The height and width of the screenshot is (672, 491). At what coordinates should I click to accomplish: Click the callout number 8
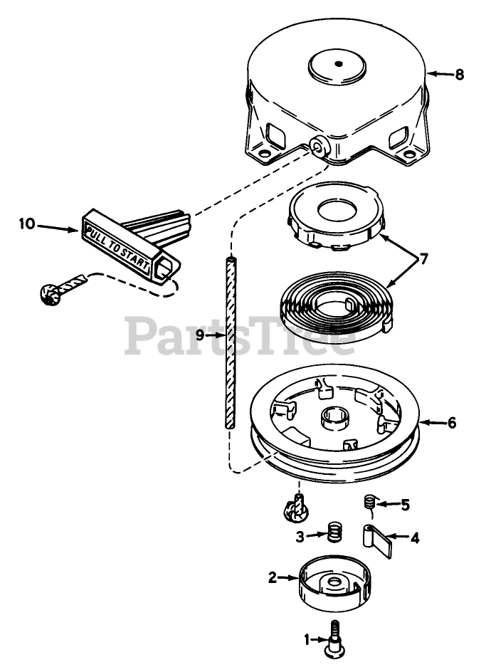pyautogui.click(x=459, y=74)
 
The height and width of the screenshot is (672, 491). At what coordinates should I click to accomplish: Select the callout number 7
pyautogui.click(x=424, y=259)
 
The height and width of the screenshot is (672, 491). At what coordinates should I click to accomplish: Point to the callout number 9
pyautogui.click(x=201, y=335)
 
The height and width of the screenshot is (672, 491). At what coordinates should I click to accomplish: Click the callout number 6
pyautogui.click(x=452, y=422)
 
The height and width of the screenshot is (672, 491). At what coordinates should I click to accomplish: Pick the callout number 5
pyautogui.click(x=405, y=505)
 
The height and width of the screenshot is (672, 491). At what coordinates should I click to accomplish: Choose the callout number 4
pyautogui.click(x=414, y=538)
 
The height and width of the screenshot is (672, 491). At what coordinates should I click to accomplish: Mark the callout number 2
pyautogui.click(x=273, y=578)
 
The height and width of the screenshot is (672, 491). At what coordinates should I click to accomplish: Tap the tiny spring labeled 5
pyautogui.click(x=369, y=502)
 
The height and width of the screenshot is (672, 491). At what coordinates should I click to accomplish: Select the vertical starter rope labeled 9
pyautogui.click(x=229, y=342)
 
